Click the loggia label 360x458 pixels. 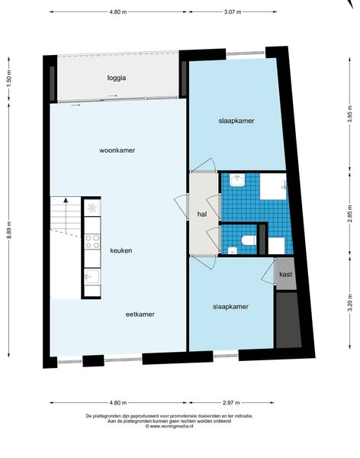coord(117,78)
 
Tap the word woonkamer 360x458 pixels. coord(117,150)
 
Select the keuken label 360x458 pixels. coord(121,250)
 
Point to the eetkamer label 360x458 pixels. coord(140,314)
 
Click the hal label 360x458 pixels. coord(202,214)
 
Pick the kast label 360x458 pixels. coord(285,274)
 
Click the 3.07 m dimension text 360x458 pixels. coord(233,12)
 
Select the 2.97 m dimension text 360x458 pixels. coord(231,403)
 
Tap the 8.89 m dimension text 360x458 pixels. coord(9,230)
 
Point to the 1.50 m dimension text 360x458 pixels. coord(9,79)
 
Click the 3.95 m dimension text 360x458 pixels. coord(350,114)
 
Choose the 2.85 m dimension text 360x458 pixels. coord(350,214)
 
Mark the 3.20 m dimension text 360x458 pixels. coord(350,303)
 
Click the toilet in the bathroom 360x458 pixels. coord(249,240)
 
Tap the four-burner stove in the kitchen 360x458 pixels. coord(92,241)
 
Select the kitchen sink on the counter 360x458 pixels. coord(92,276)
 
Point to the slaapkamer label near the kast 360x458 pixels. coord(230,307)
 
